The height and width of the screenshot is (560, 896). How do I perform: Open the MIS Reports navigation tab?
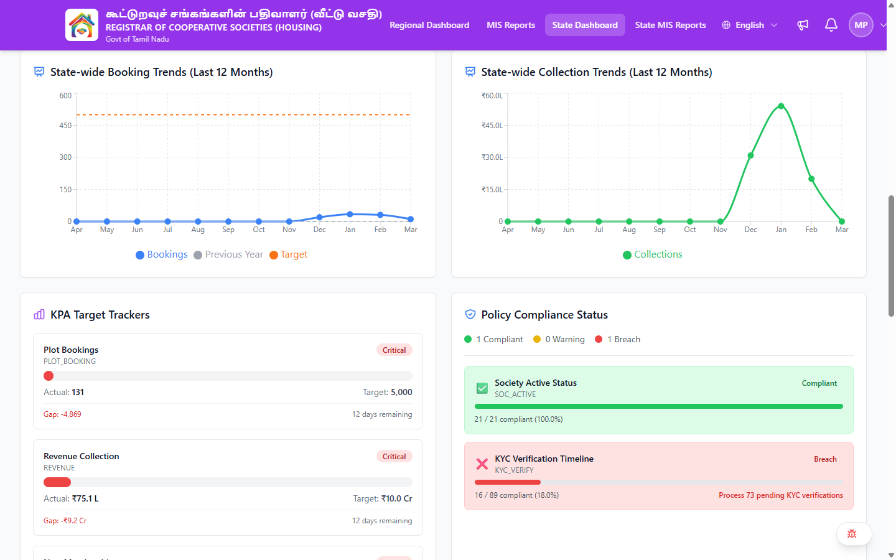(511, 25)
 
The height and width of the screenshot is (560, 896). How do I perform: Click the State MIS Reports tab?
(670, 25)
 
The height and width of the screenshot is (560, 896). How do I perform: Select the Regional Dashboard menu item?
(429, 25)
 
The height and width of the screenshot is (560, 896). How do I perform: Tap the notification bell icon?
(831, 25)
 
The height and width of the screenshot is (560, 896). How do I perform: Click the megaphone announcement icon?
(803, 25)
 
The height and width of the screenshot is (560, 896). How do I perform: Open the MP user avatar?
(861, 25)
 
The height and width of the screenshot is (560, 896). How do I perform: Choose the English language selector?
(750, 25)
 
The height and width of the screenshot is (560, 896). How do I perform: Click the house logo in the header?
(82, 25)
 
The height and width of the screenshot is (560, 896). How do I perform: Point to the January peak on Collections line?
(781, 106)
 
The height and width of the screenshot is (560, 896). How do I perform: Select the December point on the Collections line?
(750, 155)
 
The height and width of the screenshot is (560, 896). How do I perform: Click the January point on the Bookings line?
(350, 214)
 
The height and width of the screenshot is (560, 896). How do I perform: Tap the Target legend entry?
(289, 254)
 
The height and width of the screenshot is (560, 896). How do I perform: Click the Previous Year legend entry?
(228, 254)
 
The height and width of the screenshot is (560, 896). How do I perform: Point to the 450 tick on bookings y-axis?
(65, 125)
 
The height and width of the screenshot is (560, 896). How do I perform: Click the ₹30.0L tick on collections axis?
(492, 157)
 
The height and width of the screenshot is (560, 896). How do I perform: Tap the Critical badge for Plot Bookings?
(394, 350)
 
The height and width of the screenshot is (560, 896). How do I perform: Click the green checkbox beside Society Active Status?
(482, 388)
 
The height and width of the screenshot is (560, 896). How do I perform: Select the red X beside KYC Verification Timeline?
(482, 464)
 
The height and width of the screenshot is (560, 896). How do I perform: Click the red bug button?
(852, 534)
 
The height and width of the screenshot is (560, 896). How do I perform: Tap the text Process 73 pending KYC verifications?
(781, 495)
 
